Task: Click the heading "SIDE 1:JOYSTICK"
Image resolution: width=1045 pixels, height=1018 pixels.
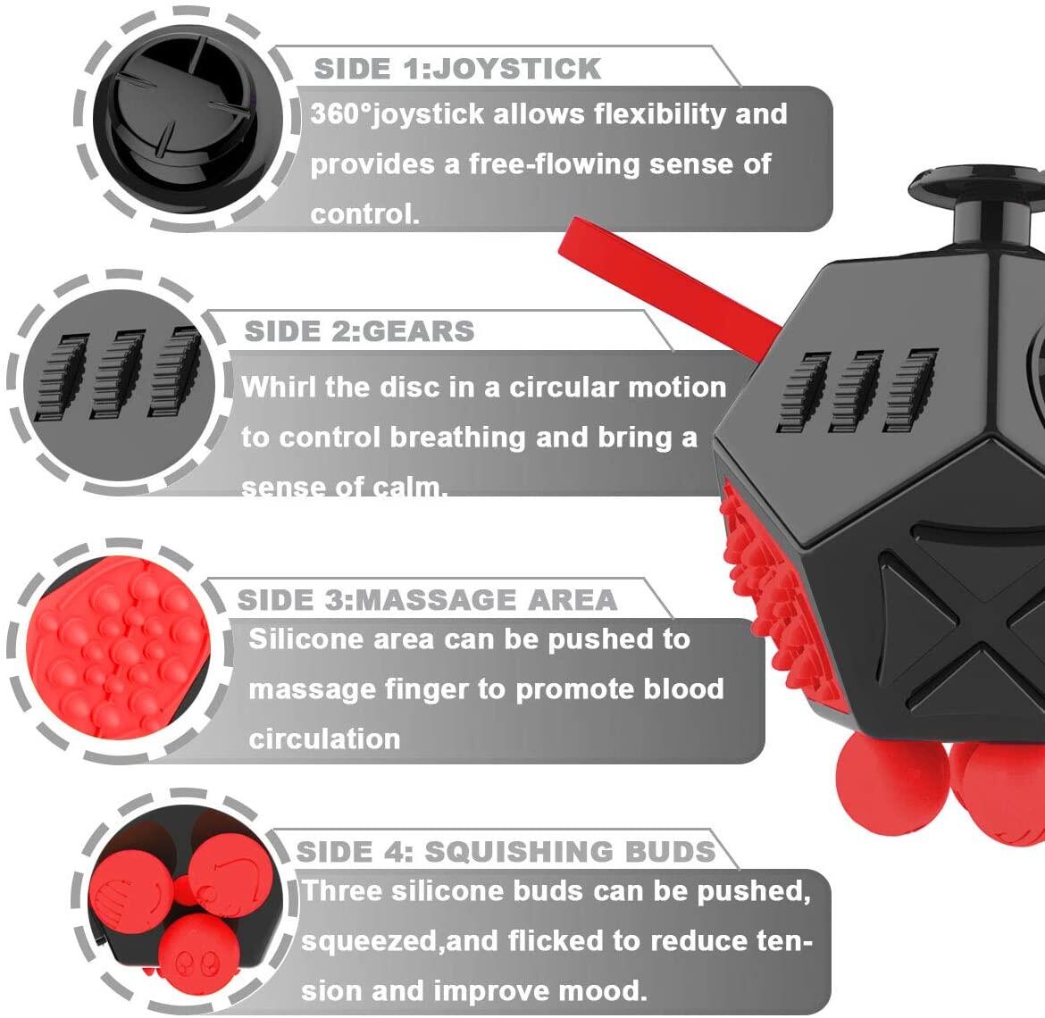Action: pyautogui.click(x=457, y=69)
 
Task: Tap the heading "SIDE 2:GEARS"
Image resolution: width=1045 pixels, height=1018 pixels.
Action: pyautogui.click(x=359, y=331)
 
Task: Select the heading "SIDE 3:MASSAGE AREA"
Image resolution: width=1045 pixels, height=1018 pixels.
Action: pyautogui.click(x=427, y=599)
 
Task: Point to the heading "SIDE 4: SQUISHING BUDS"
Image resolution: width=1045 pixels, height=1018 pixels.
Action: pyautogui.click(x=506, y=851)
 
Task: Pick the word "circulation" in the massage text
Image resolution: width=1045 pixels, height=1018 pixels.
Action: pyautogui.click(x=324, y=739)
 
